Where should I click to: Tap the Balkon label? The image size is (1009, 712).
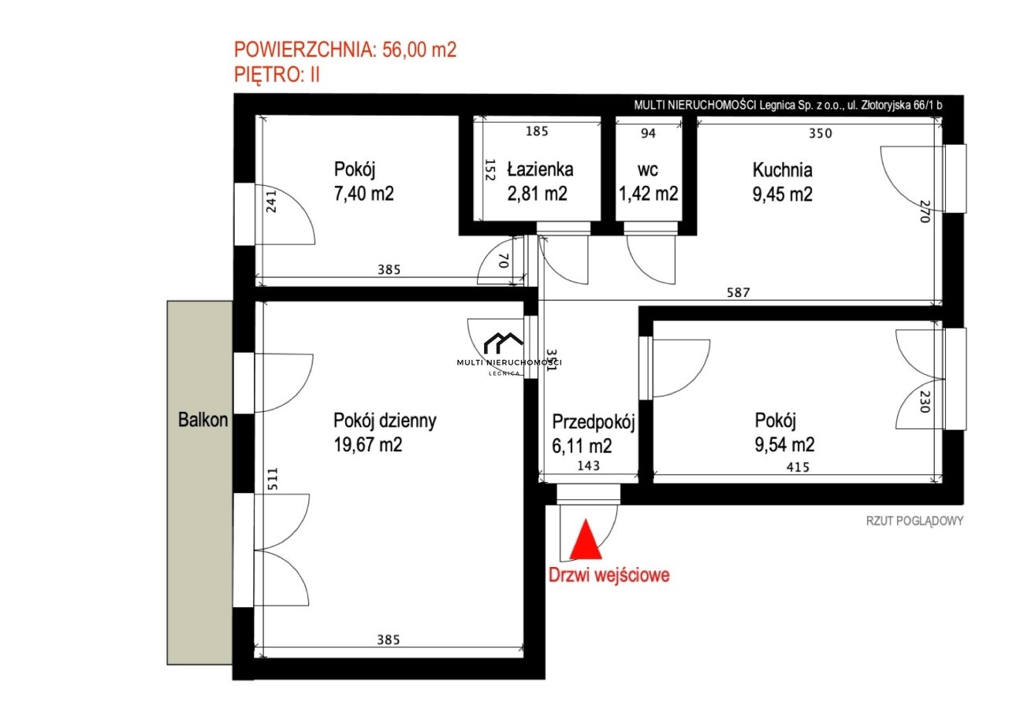pos(203,420)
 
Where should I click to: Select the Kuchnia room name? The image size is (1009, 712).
pos(783,170)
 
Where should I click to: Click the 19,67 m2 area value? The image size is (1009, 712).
pos(367,445)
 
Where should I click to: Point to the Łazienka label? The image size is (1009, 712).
pos(540,169)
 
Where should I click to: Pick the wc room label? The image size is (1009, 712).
pos(648,170)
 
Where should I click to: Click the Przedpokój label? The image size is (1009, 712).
pos(594,422)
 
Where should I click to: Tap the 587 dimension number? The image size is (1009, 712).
pos(739,292)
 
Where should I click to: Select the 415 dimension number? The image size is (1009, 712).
pos(798,467)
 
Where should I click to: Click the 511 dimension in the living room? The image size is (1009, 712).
pos(273,479)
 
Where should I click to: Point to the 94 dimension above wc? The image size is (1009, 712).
pos(648,133)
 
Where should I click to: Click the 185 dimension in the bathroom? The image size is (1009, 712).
pos(537,131)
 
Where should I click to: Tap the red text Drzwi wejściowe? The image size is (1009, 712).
pos(609,575)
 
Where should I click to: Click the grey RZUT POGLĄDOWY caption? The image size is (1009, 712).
pos(914,521)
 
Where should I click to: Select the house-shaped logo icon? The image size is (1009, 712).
pos(503,343)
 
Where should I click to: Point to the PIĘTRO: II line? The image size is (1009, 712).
pos(277,74)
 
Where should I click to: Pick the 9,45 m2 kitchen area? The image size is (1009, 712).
pos(783,195)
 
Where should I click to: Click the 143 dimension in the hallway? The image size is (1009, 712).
pos(588,465)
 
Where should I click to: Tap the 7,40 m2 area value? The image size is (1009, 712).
pos(364,194)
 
